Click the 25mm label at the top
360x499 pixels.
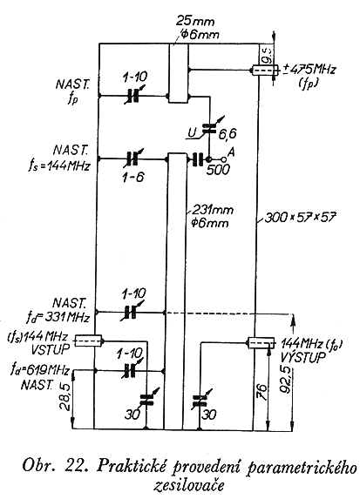point(194,22)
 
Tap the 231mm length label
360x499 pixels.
point(213,210)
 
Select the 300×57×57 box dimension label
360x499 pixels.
point(300,218)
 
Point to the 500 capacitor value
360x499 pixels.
point(218,170)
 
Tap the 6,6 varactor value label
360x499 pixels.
point(228,133)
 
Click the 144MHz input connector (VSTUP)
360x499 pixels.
point(89,341)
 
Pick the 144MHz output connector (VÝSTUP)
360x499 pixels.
point(262,343)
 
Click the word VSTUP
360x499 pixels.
point(50,349)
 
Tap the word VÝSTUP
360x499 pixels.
point(303,356)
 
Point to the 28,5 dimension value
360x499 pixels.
point(66,400)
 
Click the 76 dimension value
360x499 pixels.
point(262,392)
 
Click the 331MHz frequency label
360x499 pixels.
point(67,317)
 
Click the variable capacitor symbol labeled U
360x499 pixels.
point(210,128)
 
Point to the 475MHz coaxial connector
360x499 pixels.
point(265,70)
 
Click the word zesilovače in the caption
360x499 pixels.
point(188,485)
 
